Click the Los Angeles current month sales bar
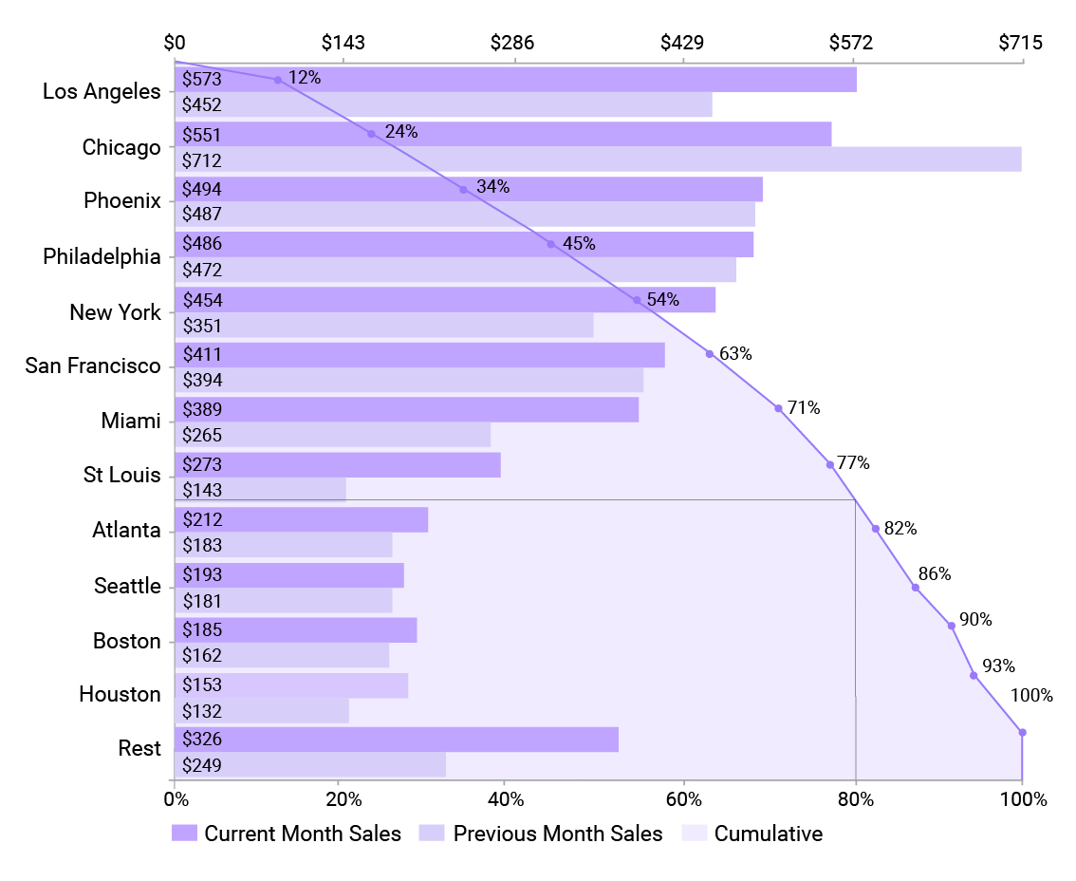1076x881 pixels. point(515,80)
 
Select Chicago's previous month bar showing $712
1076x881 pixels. point(598,159)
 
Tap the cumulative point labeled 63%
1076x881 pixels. point(709,354)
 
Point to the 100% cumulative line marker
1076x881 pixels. point(1022,732)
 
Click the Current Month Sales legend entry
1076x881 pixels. point(287,834)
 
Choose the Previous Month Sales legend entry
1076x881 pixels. point(541,834)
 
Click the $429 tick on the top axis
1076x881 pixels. point(681,43)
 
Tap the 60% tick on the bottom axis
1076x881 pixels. point(681,799)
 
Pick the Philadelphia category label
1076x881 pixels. point(102,256)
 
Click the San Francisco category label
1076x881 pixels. point(93,366)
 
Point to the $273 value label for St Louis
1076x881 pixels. point(201,465)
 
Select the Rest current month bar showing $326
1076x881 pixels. point(397,740)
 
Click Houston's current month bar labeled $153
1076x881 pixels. point(291,685)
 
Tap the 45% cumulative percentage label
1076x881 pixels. point(579,244)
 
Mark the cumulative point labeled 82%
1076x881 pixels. point(876,528)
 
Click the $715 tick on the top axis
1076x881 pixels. point(1020,43)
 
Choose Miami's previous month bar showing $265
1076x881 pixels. point(332,435)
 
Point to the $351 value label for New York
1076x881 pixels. point(201,327)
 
